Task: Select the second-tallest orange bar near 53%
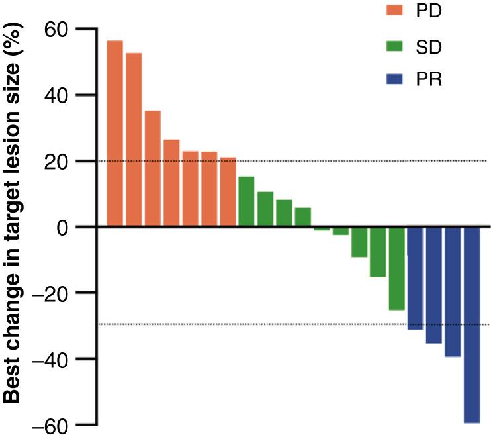pos(134,140)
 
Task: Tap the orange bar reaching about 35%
pos(152,169)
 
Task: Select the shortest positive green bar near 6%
pos(303,217)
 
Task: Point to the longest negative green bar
pos(397,268)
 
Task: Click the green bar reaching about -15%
pos(378,252)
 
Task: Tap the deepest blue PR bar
pos(472,324)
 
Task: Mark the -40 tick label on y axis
pos(53,359)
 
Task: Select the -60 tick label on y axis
pos(53,424)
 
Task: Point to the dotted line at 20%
pos(364,160)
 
